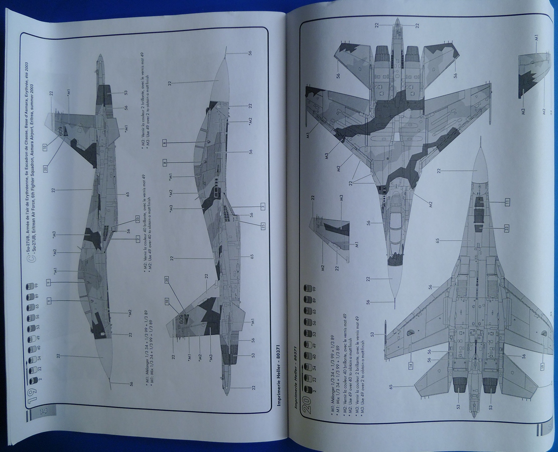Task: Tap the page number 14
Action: click(43, 411)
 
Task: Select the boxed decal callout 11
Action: click(507, 201)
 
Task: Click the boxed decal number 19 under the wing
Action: click(542, 366)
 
